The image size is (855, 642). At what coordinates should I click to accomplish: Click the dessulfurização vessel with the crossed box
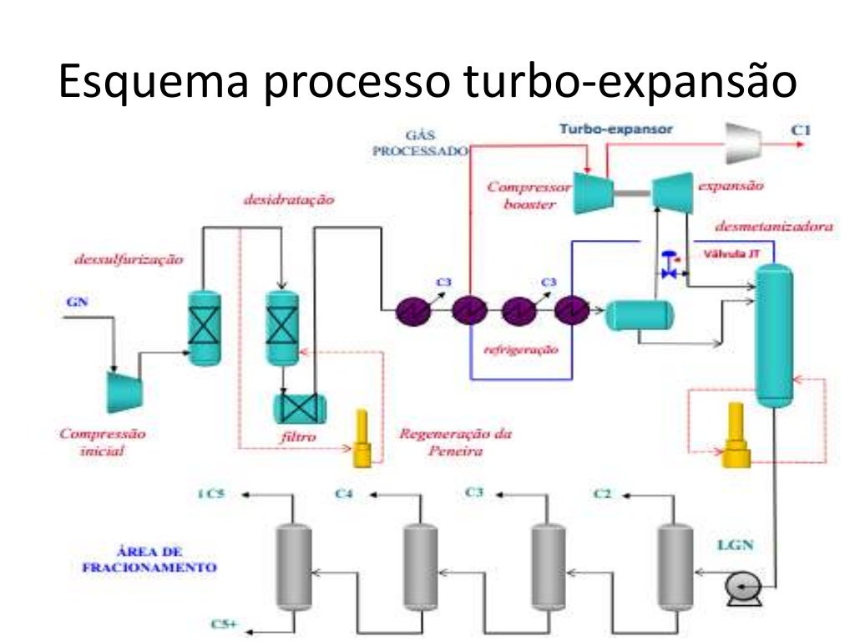[x=203, y=328]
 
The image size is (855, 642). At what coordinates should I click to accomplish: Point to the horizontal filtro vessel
[x=300, y=407]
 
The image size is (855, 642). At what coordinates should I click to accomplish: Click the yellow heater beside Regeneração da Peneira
[x=362, y=439]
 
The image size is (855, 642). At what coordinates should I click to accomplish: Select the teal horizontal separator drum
[x=639, y=313]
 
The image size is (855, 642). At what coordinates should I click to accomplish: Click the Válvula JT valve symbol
[x=668, y=265]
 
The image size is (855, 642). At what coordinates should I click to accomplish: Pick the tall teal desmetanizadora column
[x=773, y=334]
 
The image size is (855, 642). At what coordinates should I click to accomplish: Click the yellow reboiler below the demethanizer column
[x=736, y=435]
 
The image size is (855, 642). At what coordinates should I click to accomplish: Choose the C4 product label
[x=345, y=495]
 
